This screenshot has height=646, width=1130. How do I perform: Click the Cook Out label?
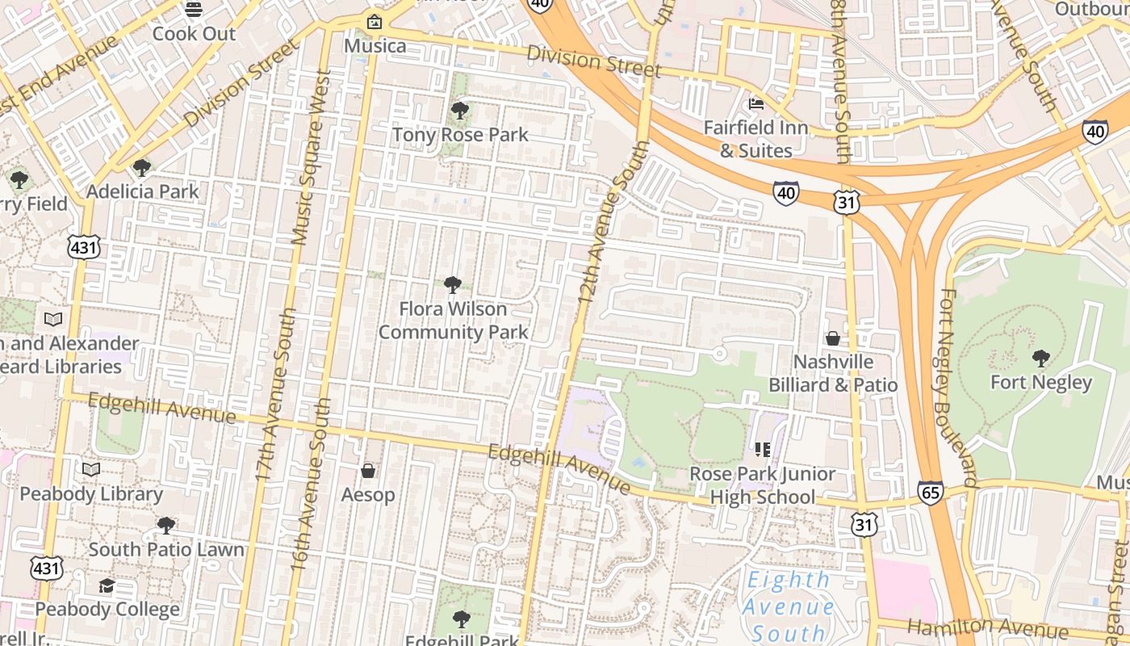pos(194,34)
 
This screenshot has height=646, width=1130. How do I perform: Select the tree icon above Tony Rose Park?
pos(460,110)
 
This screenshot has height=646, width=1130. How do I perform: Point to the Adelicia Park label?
pos(142,191)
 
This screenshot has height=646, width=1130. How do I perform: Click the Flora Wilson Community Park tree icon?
pos(453,284)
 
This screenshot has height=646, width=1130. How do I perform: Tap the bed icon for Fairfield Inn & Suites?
pos(756,103)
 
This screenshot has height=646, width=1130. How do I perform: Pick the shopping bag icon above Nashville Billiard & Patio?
pos(832,338)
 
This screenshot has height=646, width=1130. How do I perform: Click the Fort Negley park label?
pos(1040,382)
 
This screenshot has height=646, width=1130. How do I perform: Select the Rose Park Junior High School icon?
pos(763,449)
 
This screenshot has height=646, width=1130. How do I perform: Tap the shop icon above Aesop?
pos(368,470)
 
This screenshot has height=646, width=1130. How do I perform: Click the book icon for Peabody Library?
pos(91,469)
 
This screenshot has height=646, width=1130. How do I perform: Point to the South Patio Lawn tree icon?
pos(165,526)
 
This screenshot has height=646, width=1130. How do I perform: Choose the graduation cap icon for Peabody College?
pos(107,585)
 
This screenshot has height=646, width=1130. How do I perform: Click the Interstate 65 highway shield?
pos(930,492)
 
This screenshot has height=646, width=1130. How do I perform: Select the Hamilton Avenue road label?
pos(988,628)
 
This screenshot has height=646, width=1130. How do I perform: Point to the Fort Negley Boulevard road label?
pos(959,388)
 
